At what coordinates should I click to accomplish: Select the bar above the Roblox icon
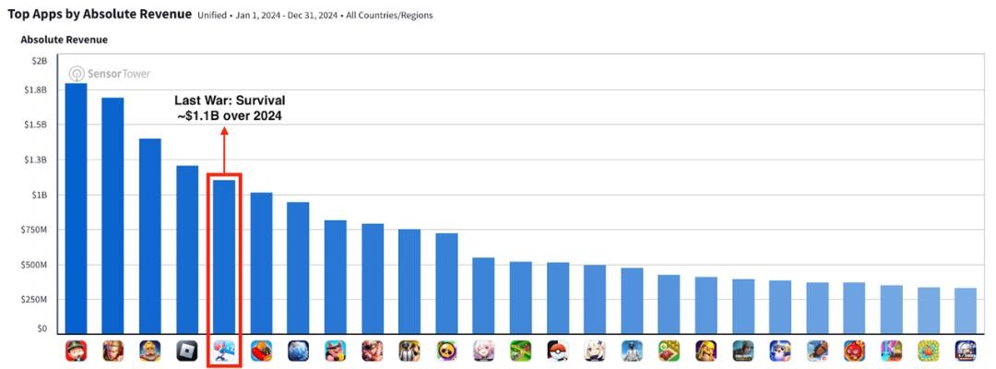[187, 249]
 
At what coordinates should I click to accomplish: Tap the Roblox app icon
[187, 351]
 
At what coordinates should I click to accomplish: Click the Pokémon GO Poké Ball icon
[558, 351]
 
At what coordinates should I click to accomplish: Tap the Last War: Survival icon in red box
[224, 351]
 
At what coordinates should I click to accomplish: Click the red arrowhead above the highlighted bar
[224, 131]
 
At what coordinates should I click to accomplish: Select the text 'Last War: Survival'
[230, 100]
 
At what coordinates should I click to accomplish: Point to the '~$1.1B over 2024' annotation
[230, 115]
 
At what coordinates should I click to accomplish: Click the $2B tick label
[40, 60]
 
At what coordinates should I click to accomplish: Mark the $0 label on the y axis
[41, 328]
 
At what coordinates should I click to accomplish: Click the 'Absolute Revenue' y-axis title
[64, 40]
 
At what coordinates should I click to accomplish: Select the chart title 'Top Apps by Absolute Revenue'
[100, 14]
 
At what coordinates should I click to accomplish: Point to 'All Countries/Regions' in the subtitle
[389, 16]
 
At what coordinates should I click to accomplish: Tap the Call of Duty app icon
[743, 351]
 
